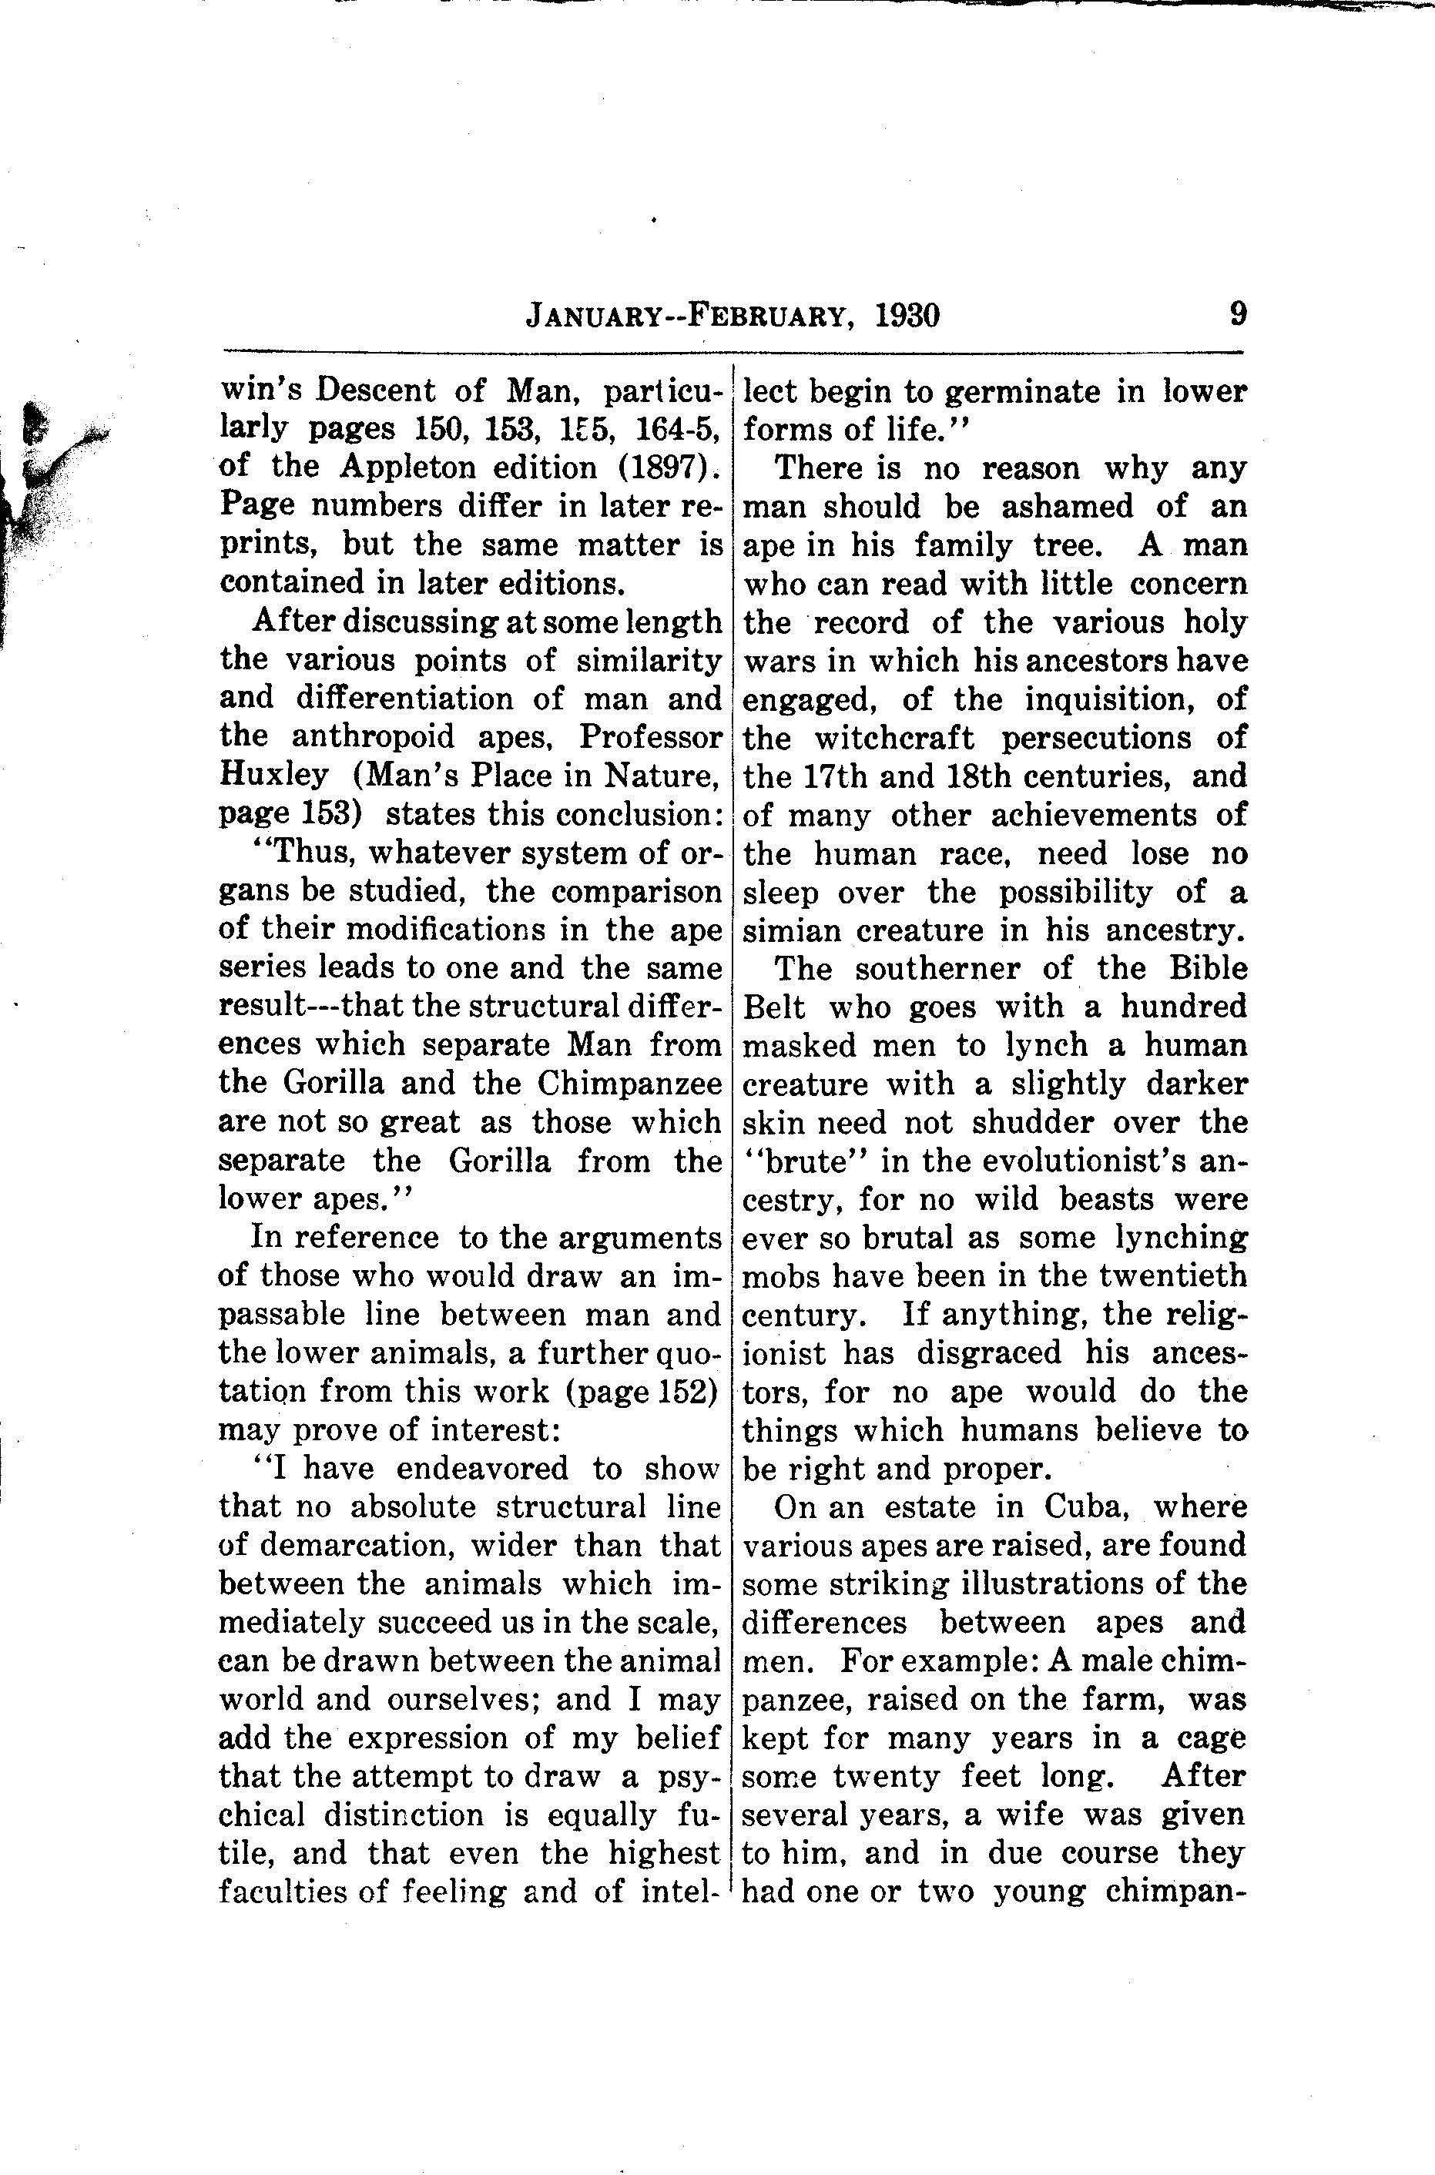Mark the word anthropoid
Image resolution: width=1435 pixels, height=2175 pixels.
pyautogui.click(x=388, y=736)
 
